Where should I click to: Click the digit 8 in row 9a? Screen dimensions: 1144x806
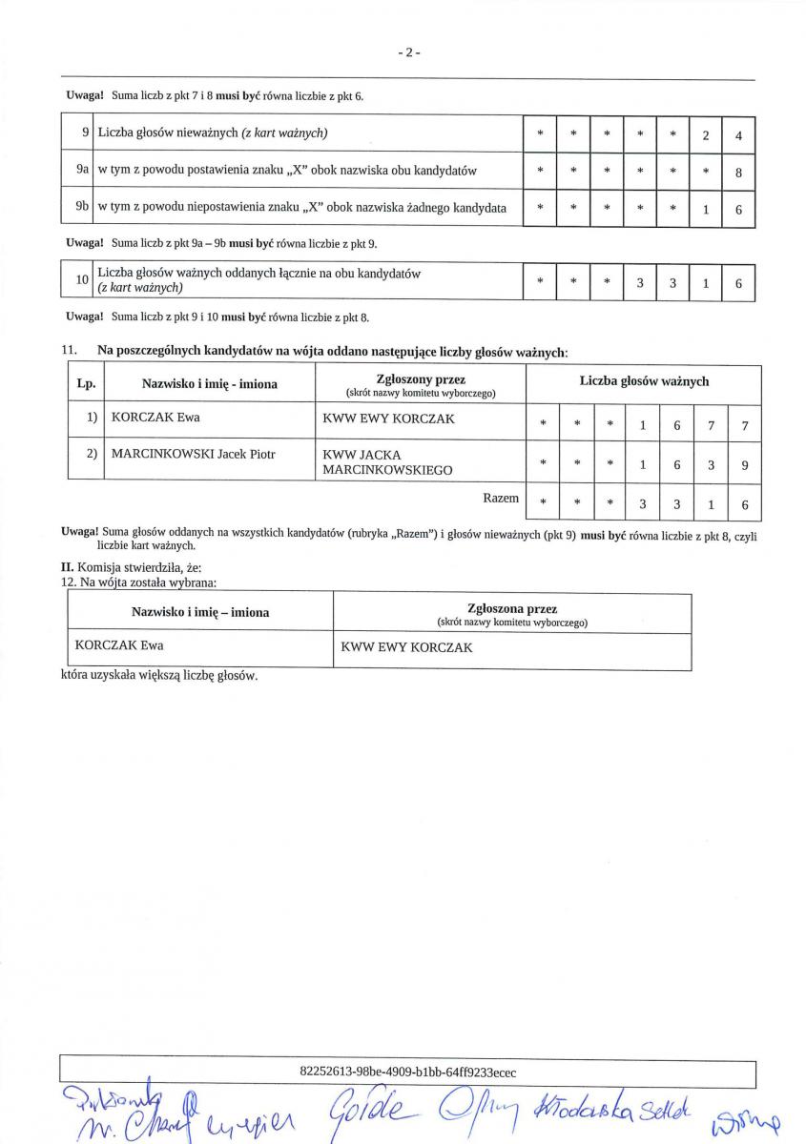[738, 173]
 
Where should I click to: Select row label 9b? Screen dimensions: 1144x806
[83, 207]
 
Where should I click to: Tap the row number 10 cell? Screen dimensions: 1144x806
[82, 280]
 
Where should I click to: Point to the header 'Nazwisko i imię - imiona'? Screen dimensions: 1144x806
[210, 384]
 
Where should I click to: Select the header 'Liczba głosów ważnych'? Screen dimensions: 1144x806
[644, 381]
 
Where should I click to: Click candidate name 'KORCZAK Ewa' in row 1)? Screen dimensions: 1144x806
[155, 418]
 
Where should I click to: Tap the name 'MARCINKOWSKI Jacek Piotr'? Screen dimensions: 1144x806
[193, 454]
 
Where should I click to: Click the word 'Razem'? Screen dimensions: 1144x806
[502, 499]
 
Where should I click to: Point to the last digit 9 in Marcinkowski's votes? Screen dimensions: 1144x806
[744, 465]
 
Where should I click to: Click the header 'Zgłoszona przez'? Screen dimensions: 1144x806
[512, 608]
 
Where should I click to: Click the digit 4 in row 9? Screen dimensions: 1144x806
[738, 135]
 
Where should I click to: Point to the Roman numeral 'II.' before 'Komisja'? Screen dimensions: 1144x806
[68, 567]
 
